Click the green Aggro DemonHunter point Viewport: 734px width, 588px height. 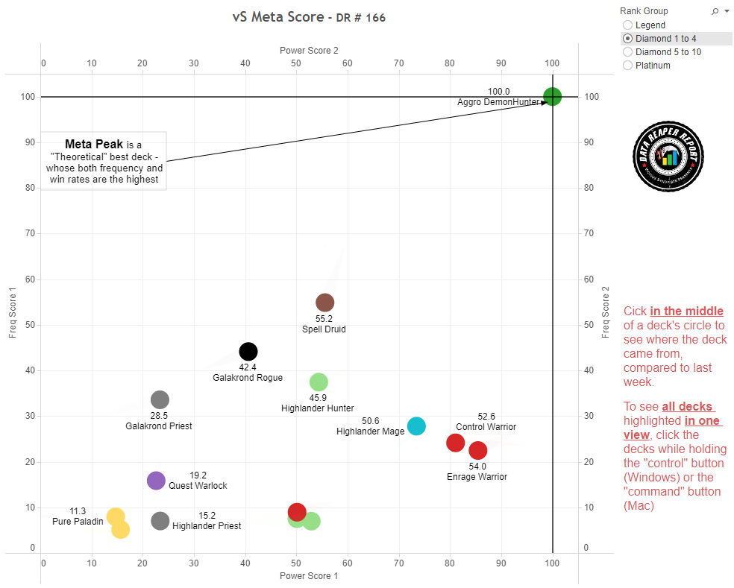pyautogui.click(x=552, y=96)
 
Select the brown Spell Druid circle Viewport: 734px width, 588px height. pyautogui.click(x=324, y=302)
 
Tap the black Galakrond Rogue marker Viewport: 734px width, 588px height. pyautogui.click(x=248, y=351)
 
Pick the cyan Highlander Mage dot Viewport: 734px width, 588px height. pyautogui.click(x=416, y=426)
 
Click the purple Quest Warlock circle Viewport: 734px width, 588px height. pyautogui.click(x=156, y=481)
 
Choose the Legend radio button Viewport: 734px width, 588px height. pyautogui.click(x=627, y=25)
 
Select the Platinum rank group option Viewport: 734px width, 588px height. pyautogui.click(x=627, y=66)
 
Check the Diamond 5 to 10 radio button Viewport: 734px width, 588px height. pyautogui.click(x=627, y=52)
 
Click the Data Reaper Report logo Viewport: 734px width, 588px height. pyautogui.click(x=669, y=157)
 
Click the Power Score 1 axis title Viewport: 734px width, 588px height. pyautogui.click(x=309, y=576)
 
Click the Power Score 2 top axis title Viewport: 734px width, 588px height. pyautogui.click(x=309, y=51)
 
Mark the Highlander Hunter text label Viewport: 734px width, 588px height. pyautogui.click(x=317, y=408)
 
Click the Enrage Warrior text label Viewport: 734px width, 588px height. pyautogui.click(x=477, y=477)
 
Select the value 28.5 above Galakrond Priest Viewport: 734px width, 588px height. pyautogui.click(x=158, y=415)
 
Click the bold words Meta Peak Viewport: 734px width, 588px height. pyautogui.click(x=94, y=144)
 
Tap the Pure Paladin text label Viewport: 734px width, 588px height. pyautogui.click(x=78, y=522)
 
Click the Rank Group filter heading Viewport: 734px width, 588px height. pyautogui.click(x=644, y=11)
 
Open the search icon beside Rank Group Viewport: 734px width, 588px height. pyautogui.click(x=715, y=11)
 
